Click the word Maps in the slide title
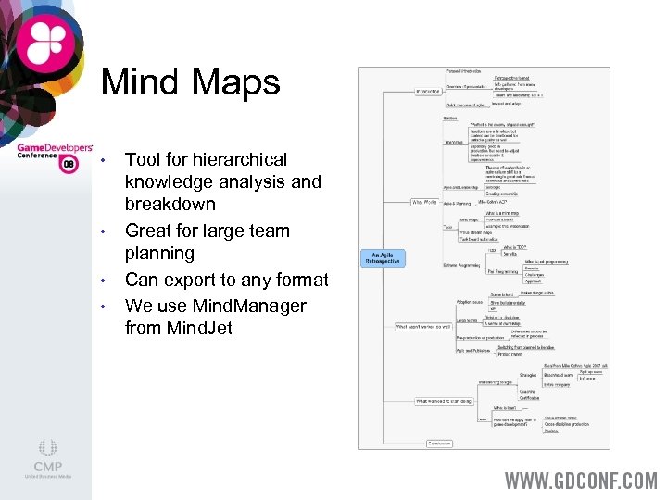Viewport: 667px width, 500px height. (x=235, y=82)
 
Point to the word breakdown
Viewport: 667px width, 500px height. (x=170, y=205)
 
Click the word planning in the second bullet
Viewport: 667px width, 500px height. (x=159, y=254)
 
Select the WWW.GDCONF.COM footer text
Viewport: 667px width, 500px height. (x=580, y=481)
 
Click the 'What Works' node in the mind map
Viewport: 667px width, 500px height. (x=424, y=201)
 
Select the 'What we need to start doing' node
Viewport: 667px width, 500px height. (x=444, y=401)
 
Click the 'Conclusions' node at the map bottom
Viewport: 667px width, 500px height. (x=438, y=443)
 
